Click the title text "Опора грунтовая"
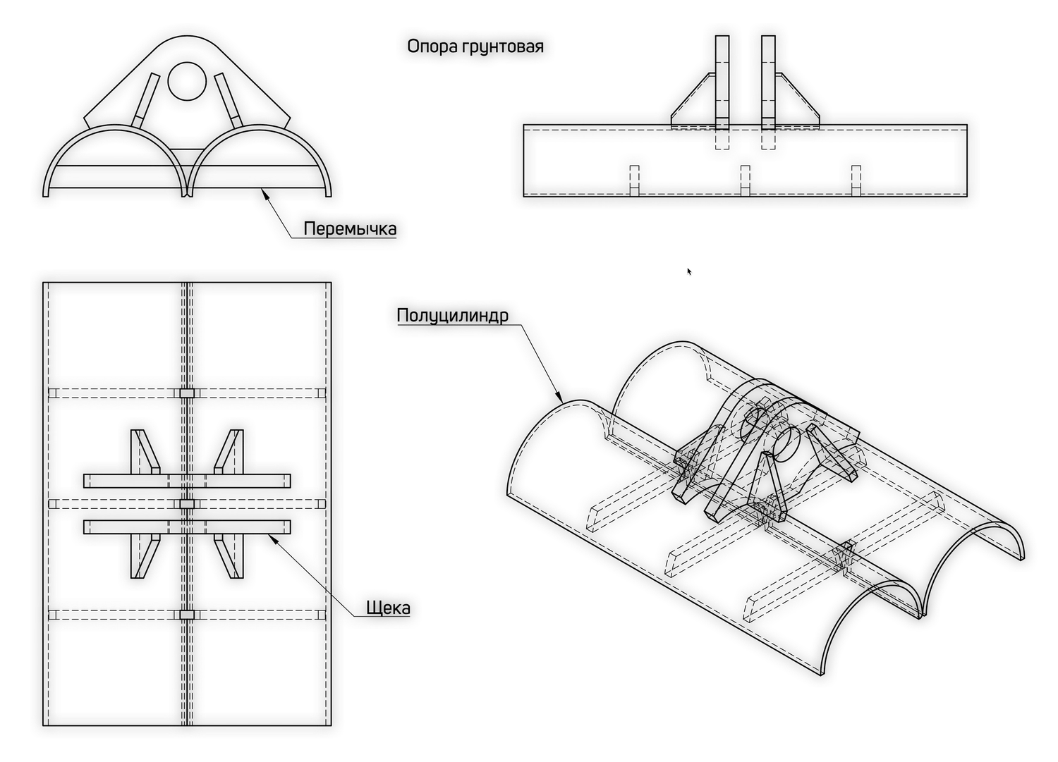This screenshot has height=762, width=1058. (475, 47)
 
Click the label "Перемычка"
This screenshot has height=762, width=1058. (350, 229)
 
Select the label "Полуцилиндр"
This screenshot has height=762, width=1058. (453, 315)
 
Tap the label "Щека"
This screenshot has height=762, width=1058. (388, 608)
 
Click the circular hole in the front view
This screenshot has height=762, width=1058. (187, 81)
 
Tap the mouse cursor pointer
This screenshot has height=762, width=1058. (689, 271)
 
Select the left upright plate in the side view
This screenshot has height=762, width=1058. (722, 82)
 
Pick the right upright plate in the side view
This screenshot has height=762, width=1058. (769, 82)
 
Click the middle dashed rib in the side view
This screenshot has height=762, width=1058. (745, 181)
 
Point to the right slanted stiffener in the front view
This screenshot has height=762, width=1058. (229, 100)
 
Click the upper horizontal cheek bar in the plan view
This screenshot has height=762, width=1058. (187, 481)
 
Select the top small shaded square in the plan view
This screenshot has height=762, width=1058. (187, 393)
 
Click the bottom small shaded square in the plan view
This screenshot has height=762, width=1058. (187, 615)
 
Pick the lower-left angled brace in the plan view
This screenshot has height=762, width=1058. (145, 556)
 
